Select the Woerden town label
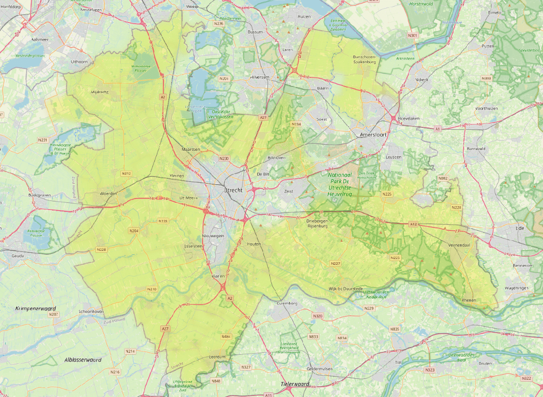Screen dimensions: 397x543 coord(108,193)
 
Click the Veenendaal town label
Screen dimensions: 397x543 coord(458,245)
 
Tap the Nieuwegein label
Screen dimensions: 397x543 coord(213,236)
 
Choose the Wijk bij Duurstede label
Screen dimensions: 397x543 coord(345,288)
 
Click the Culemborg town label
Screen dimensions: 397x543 coord(288,303)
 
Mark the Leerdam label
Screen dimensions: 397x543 coord(218,358)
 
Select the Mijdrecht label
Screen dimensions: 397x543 coord(101,91)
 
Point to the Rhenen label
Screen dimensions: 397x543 coord(468,300)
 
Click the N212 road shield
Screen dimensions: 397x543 coord(126,173)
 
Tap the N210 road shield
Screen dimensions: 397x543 coord(152,289)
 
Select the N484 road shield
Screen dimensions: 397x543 coord(227,336)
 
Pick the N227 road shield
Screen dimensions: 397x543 coord(336,263)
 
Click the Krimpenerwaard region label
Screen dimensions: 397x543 coord(36,308)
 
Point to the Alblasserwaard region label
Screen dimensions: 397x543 coord(83,360)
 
